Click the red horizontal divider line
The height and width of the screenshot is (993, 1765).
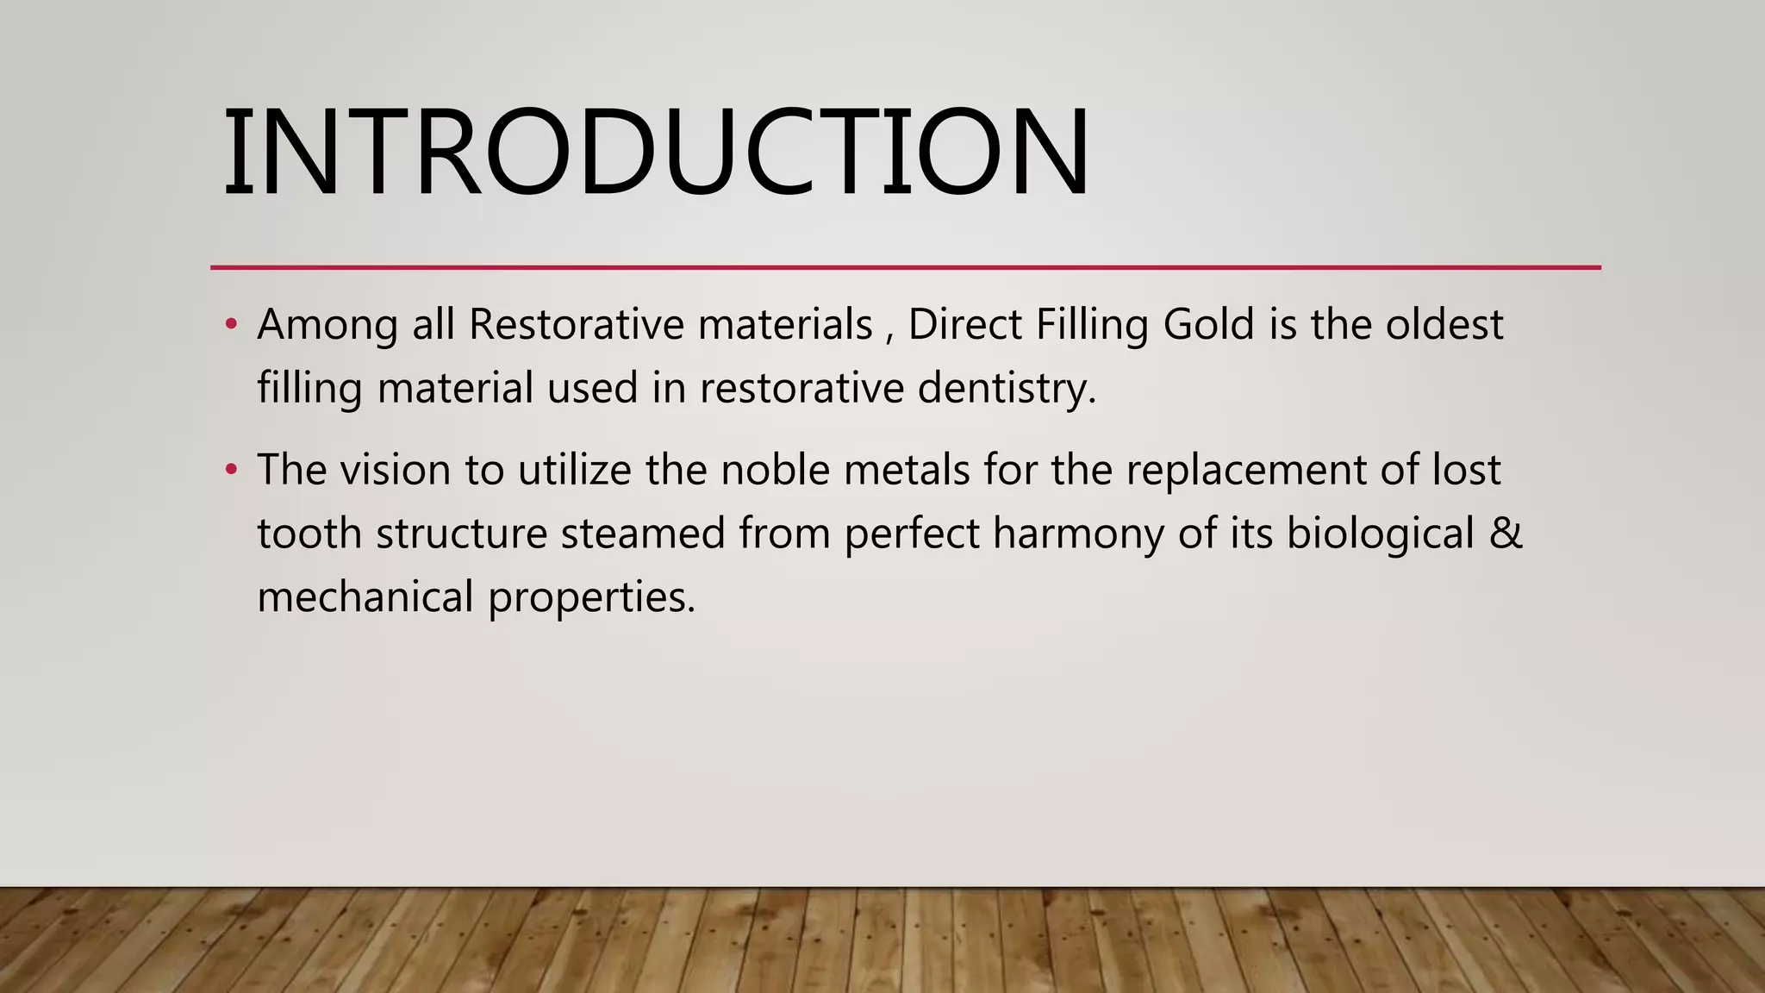pos(905,267)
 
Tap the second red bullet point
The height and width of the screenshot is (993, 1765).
pos(230,471)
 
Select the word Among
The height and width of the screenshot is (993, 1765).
pos(327,326)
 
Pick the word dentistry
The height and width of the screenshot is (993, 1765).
pos(1007,388)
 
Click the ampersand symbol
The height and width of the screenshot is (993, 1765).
pos(1506,534)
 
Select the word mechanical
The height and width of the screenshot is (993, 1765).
pos(365,596)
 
